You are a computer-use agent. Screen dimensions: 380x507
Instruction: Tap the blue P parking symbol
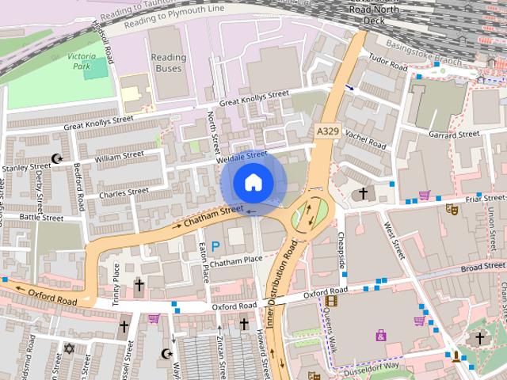pyautogui.click(x=215, y=247)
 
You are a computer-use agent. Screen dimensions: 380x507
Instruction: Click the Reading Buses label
pyautogui.click(x=168, y=63)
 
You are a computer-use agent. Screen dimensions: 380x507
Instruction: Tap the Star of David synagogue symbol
pyautogui.click(x=68, y=348)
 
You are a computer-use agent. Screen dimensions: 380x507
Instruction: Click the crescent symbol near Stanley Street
pyautogui.click(x=56, y=159)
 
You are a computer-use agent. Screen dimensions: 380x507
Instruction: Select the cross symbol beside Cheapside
pyautogui.click(x=363, y=193)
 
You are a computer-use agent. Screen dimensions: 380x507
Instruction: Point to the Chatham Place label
pyautogui.click(x=235, y=260)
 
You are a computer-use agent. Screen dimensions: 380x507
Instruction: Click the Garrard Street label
pyautogui.click(x=453, y=135)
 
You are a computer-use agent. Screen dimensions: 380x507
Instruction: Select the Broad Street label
pyautogui.click(x=482, y=268)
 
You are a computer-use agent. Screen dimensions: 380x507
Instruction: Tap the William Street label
pyautogui.click(x=119, y=158)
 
